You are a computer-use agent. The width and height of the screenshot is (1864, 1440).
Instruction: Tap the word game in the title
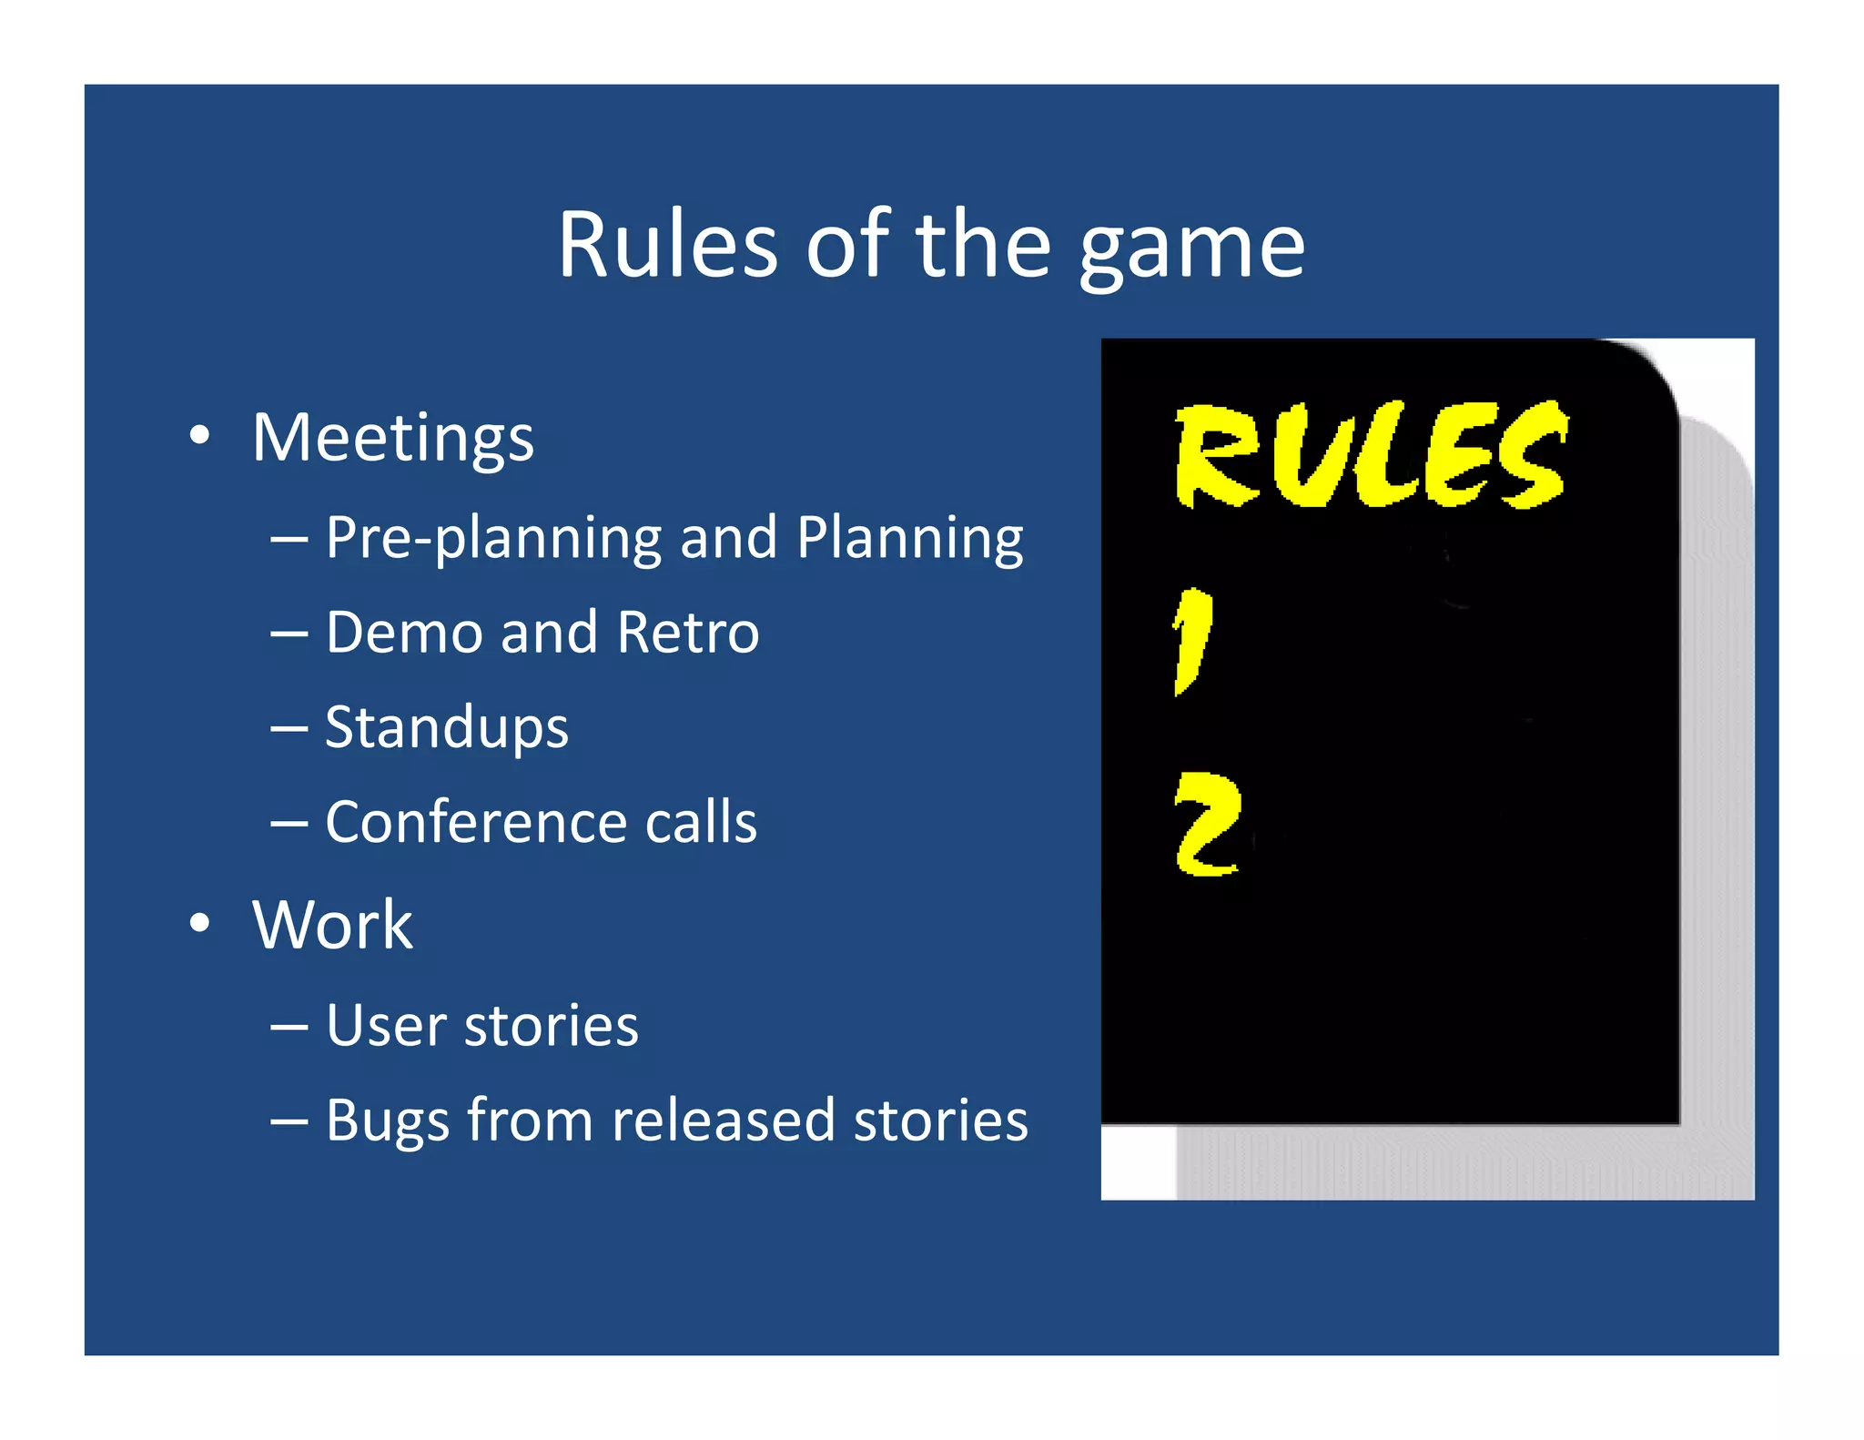point(1191,248)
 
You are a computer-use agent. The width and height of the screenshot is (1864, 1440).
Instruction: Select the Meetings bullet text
point(392,439)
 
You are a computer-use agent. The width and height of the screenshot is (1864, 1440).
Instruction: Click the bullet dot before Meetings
point(200,435)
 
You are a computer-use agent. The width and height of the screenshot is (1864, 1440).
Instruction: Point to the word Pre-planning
point(492,538)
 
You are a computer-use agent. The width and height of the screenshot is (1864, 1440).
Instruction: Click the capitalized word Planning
point(909,538)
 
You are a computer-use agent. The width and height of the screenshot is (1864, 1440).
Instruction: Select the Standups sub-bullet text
point(446,728)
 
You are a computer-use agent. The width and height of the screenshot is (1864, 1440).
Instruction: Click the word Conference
point(476,821)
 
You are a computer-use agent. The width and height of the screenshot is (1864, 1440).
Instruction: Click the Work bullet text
point(332,925)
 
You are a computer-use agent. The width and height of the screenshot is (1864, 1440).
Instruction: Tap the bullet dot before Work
point(200,923)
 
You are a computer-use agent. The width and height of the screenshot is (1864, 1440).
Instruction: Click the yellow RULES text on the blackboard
point(1371,455)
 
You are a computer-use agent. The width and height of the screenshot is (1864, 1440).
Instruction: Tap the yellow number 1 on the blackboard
point(1192,641)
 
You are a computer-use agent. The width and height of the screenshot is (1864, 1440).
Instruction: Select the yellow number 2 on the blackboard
point(1207,825)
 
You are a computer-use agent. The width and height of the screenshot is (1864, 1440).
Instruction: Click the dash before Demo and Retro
point(289,634)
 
